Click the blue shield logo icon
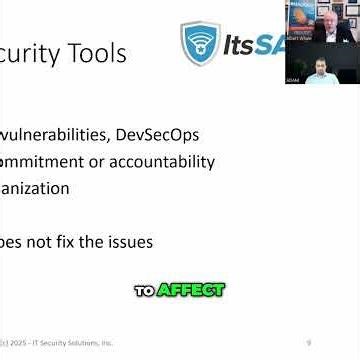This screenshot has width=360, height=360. (x=198, y=45)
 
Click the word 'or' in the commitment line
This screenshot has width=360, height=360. (x=95, y=161)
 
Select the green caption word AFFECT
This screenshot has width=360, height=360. (x=189, y=290)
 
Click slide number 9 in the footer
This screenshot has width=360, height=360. (x=309, y=343)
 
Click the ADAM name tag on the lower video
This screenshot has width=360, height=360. (x=293, y=80)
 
